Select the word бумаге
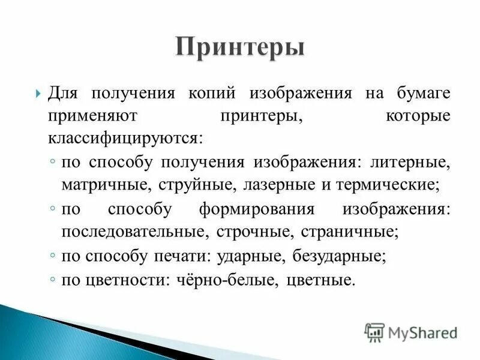[x=423, y=94]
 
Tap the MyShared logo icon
[x=374, y=332]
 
